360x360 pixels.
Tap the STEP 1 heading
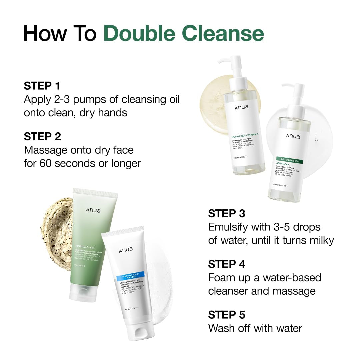(x=42, y=86)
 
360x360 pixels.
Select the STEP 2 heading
(x=42, y=136)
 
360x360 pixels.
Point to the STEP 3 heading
(x=227, y=213)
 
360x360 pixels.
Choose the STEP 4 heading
(x=227, y=264)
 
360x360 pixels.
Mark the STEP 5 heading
(x=227, y=315)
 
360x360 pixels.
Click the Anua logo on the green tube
(x=93, y=210)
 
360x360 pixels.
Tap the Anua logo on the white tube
(x=126, y=250)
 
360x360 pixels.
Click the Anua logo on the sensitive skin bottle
(x=293, y=136)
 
